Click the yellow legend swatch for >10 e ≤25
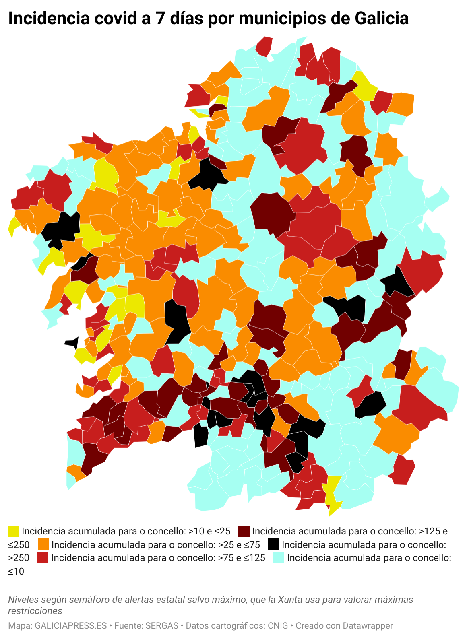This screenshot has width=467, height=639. point(14,531)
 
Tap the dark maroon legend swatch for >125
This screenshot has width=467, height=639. point(244,531)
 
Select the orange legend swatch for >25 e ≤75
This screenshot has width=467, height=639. point(43,544)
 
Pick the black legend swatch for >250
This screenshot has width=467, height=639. point(274,544)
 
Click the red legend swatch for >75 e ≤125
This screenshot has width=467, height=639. point(43,558)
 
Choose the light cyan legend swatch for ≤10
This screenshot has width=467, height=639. point(279,558)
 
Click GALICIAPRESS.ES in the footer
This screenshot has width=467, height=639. point(71,626)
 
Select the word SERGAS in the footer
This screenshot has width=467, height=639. point(162,626)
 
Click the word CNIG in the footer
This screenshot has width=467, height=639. point(277,626)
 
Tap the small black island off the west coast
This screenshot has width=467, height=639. point(73,343)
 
